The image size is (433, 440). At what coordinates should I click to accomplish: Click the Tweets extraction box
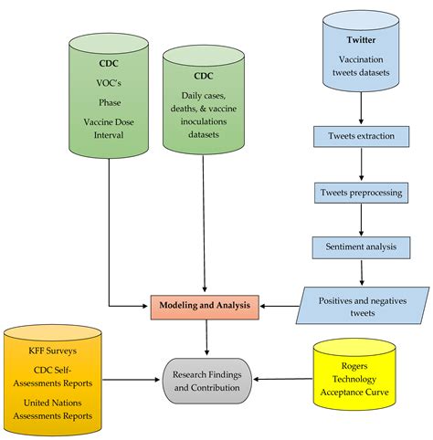click(x=363, y=138)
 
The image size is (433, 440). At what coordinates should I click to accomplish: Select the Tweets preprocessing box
click(x=363, y=193)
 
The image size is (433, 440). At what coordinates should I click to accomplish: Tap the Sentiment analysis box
click(x=363, y=246)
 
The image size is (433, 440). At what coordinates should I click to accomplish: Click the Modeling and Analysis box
click(x=207, y=304)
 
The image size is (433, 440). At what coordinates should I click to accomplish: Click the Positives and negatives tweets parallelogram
click(x=364, y=304)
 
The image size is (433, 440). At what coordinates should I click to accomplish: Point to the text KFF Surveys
click(x=50, y=349)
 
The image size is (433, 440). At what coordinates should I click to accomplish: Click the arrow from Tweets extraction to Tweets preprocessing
click(x=363, y=164)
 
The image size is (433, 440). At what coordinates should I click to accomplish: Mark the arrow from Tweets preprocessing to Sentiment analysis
click(x=363, y=219)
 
